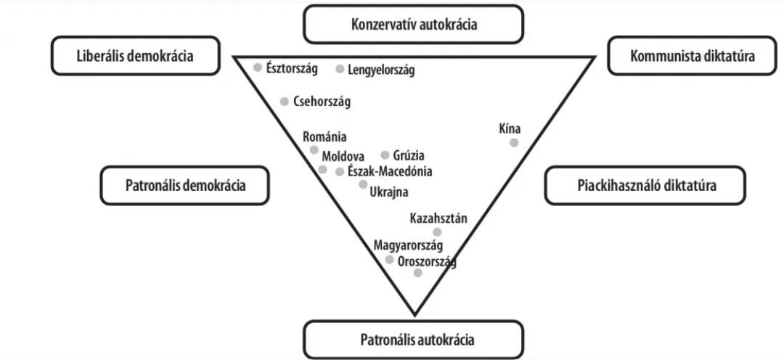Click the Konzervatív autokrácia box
tap(413, 24)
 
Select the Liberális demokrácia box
tap(135, 56)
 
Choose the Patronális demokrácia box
tap(185, 185)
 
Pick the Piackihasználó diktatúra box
tap(646, 185)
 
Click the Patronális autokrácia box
tap(413, 340)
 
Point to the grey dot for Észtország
tap(258, 67)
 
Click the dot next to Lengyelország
tap(340, 69)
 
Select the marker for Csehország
tap(285, 102)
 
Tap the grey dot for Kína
tap(514, 142)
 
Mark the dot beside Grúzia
tap(385, 155)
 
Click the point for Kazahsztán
tap(437, 232)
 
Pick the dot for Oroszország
tap(417, 273)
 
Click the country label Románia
tap(324, 136)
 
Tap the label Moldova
tap(343, 156)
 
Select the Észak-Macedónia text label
tap(390, 172)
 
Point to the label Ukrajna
tap(389, 192)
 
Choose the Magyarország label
tap(408, 245)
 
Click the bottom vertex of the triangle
tap(415, 315)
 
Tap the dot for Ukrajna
tap(363, 184)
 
